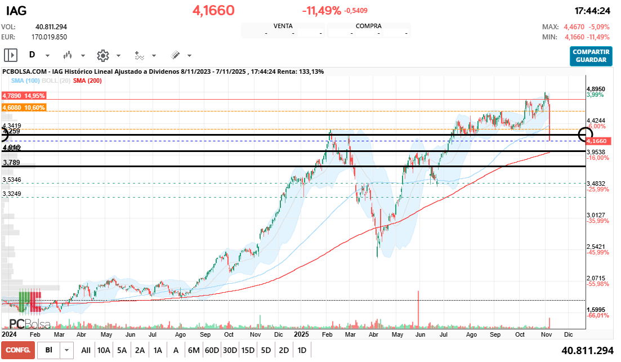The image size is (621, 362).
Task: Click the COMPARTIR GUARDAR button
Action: coord(591,56)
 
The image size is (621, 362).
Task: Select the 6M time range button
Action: coord(194,350)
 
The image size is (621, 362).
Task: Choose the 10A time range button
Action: coord(104,350)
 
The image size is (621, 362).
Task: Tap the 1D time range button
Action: coord(302,350)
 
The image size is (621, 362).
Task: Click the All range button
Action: coord(86,350)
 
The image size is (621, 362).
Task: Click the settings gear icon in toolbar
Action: coord(102,55)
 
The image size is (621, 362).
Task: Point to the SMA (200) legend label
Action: coord(87,81)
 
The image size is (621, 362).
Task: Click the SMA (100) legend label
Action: coord(25,81)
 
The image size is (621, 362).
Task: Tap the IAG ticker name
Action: coord(16,10)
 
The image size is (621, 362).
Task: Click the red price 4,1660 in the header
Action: coord(213,10)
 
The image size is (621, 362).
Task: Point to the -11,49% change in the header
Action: coord(321,10)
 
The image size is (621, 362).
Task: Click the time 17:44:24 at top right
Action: coord(592,11)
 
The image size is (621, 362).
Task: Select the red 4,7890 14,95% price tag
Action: coord(24,96)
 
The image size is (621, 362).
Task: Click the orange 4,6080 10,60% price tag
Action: coord(24,108)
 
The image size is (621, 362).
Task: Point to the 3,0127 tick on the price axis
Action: coord(595,215)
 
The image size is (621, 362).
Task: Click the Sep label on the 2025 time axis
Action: coord(495,334)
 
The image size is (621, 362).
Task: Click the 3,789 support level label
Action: coord(11,163)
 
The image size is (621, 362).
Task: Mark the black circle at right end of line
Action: coord(586,135)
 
